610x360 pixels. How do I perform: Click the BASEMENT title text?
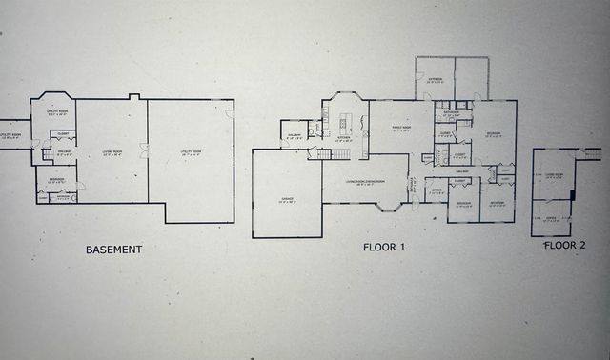(x=113, y=250)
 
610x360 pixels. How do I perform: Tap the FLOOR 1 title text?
(x=384, y=247)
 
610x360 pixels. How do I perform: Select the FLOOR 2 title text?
(x=564, y=245)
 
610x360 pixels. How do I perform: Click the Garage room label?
(x=286, y=200)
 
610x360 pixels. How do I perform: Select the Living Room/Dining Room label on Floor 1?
(x=365, y=182)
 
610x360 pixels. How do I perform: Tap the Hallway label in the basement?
(x=64, y=150)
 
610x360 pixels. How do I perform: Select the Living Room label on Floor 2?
(x=553, y=175)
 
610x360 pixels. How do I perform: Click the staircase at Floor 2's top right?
(x=592, y=153)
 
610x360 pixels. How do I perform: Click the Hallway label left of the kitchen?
(x=294, y=137)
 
